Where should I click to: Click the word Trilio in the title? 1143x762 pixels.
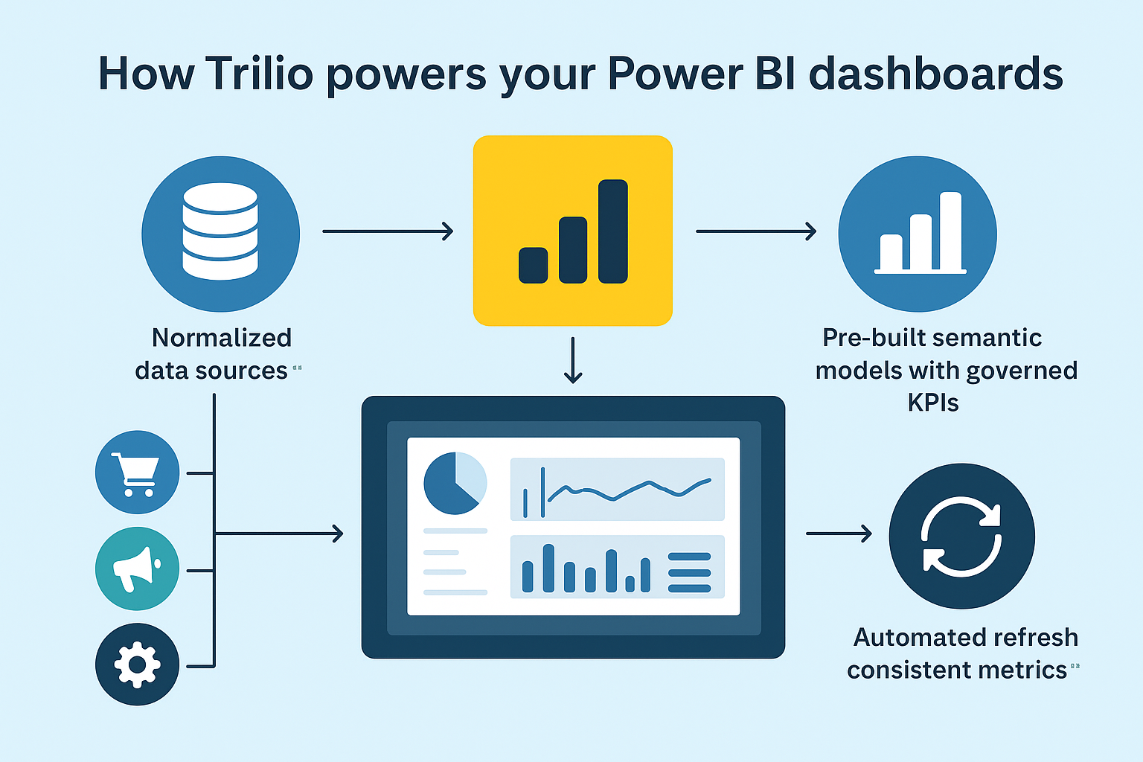(x=259, y=74)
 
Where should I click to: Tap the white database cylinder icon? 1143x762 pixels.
(x=220, y=231)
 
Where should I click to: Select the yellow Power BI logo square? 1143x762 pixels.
(x=573, y=231)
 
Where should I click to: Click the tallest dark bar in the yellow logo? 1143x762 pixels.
(x=612, y=231)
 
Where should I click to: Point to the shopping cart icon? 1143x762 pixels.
(x=137, y=473)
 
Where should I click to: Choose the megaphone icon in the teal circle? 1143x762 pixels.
(x=137, y=569)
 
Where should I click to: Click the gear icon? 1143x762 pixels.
(x=137, y=665)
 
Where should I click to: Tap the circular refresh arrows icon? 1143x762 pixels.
(x=961, y=537)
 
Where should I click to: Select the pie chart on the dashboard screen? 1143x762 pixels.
(x=455, y=483)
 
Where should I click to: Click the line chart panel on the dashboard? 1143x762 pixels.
(x=617, y=489)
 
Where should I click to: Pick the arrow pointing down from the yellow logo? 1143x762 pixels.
(x=573, y=360)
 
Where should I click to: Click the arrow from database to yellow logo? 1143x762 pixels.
(x=388, y=231)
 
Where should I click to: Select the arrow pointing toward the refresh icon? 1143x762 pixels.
(x=839, y=534)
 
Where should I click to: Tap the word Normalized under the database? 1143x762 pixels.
(x=222, y=338)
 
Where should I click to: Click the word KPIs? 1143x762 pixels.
(x=933, y=403)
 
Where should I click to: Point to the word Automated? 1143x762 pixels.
(x=905, y=638)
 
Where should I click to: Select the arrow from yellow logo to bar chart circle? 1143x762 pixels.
(x=756, y=231)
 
